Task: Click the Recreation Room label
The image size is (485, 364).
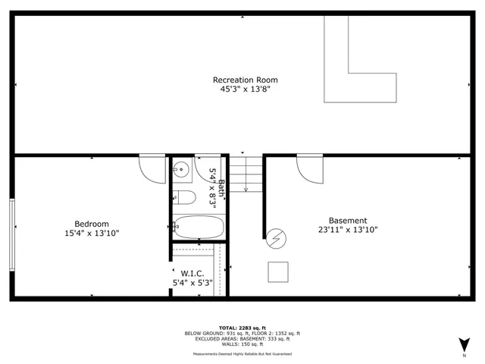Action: coord(245,80)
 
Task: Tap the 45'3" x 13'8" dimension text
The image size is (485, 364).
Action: coord(245,89)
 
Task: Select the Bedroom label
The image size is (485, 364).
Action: coord(91,223)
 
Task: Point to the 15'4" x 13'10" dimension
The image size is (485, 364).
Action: coord(91,233)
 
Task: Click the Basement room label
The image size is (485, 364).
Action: coord(348,221)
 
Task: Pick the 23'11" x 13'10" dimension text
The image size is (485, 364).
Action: coord(348,230)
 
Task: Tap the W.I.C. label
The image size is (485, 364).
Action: coord(192,273)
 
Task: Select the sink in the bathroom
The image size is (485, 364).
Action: coord(180,170)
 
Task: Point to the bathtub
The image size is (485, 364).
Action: coord(198,227)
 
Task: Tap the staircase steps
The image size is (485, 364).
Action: coord(246,174)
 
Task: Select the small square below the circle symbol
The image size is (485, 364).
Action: coord(278,271)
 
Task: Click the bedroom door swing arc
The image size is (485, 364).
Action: coord(152,168)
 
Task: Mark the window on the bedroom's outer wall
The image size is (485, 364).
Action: coord(11,234)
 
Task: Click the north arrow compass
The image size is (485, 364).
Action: coord(464,345)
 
